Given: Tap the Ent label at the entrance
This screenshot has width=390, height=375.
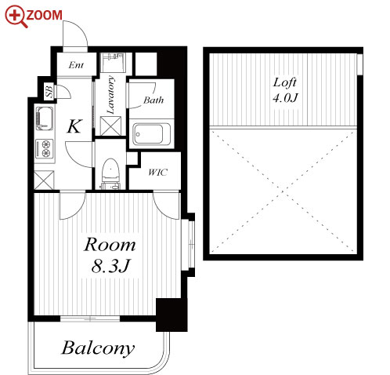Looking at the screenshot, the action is pyautogui.click(x=76, y=65).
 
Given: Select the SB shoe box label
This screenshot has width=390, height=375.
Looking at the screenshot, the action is pyautogui.click(x=49, y=91).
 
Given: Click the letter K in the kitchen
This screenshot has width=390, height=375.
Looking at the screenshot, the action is pyautogui.click(x=75, y=126).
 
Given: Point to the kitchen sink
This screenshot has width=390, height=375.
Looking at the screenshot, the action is pyautogui.click(x=45, y=118).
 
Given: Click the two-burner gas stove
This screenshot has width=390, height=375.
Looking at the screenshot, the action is pyautogui.click(x=44, y=148).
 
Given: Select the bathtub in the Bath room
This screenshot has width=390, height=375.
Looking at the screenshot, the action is pyautogui.click(x=152, y=134).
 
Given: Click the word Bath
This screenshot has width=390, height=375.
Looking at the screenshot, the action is pyautogui.click(x=153, y=100).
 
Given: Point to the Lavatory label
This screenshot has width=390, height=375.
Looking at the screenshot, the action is pyautogui.click(x=110, y=95).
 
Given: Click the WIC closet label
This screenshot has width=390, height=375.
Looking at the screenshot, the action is pyautogui.click(x=157, y=173).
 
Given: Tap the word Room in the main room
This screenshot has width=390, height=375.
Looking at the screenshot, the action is pyautogui.click(x=110, y=245).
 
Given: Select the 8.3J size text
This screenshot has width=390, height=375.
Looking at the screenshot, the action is pyautogui.click(x=110, y=266).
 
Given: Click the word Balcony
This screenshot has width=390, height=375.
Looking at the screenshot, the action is pyautogui.click(x=98, y=348).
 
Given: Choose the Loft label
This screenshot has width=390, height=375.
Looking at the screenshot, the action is pyautogui.click(x=285, y=82).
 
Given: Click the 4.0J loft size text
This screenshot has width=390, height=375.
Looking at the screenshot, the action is pyautogui.click(x=285, y=98).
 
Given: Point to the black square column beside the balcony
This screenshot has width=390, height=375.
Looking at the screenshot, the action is pyautogui.click(x=172, y=315).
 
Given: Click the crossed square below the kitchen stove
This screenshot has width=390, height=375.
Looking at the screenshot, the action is pyautogui.click(x=44, y=180).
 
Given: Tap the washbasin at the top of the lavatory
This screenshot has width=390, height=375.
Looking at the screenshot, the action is pyautogui.click(x=113, y=63).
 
